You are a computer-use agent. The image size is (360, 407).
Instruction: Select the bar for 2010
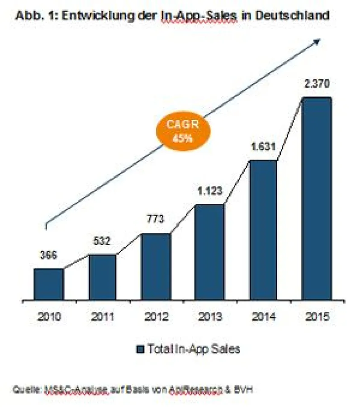pyautogui.click(x=49, y=284)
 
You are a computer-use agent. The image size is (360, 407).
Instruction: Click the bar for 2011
pyautogui.click(x=102, y=277)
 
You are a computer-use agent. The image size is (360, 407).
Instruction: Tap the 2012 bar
pyautogui.click(x=156, y=266)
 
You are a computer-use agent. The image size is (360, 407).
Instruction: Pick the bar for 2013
pyautogui.click(x=209, y=252)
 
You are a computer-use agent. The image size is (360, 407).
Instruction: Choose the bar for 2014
pyautogui.click(x=263, y=230)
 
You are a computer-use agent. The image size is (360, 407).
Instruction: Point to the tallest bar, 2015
pyautogui.click(x=317, y=199)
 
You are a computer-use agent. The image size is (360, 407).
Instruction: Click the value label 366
pyautogui.click(x=47, y=256)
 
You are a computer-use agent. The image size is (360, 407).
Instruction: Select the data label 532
pyautogui.click(x=102, y=242)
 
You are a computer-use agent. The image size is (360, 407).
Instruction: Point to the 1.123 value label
pyautogui.click(x=209, y=191)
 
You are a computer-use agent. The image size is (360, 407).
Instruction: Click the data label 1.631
pyautogui.click(x=263, y=147)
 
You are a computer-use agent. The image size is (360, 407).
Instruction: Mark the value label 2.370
pyautogui.click(x=317, y=84)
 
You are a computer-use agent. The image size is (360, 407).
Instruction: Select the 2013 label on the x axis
pyautogui.click(x=209, y=316)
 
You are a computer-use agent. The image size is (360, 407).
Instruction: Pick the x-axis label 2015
pyautogui.click(x=317, y=316)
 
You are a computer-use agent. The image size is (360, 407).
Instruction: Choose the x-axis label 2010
pyautogui.click(x=48, y=316)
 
